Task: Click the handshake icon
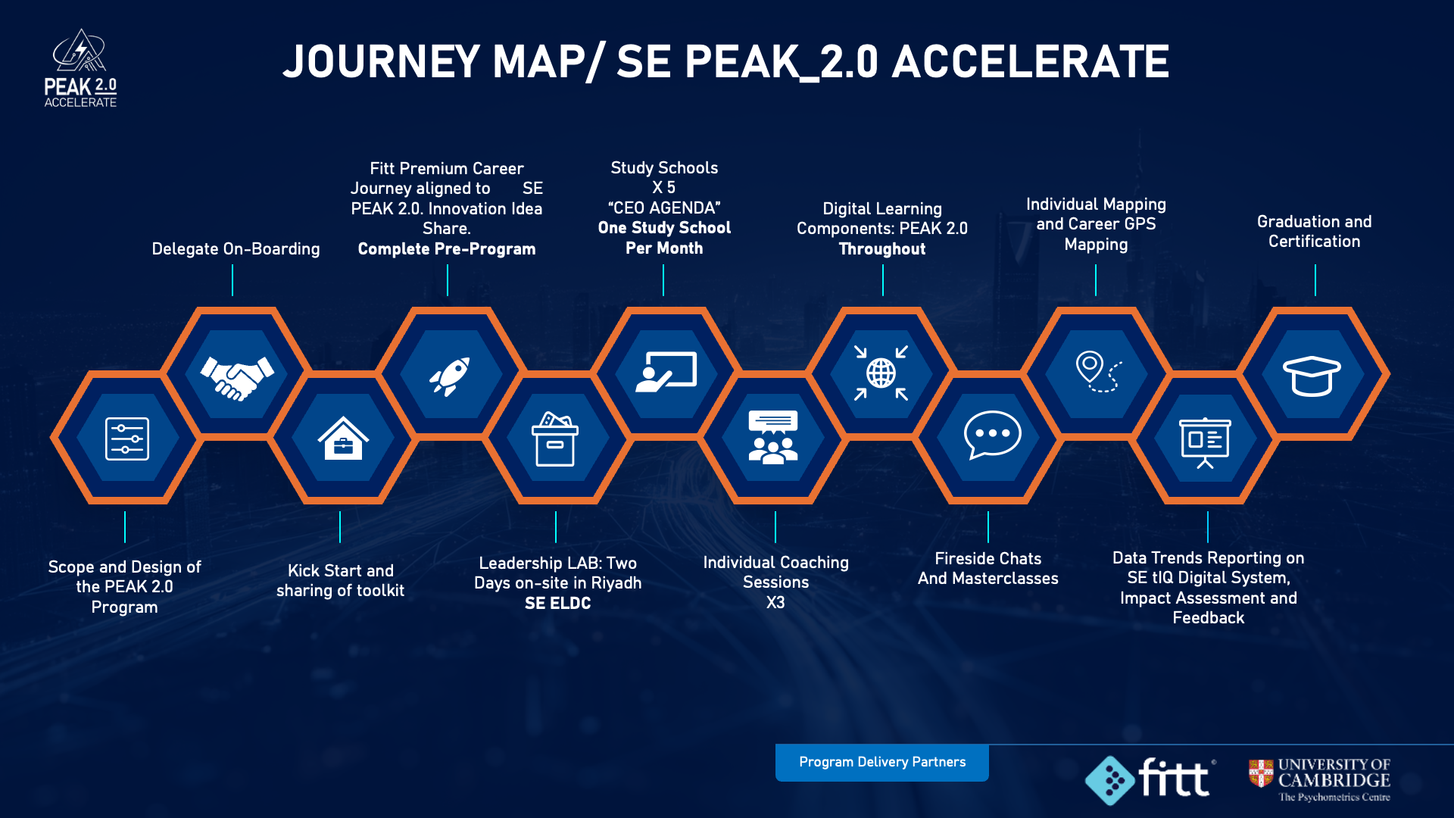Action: (x=237, y=377)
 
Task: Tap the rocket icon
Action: (x=451, y=376)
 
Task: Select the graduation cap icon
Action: (x=1312, y=376)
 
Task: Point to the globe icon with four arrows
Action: (x=881, y=373)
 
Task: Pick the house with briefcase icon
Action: (x=343, y=439)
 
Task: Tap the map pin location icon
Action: (x=1099, y=371)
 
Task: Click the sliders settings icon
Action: (x=126, y=439)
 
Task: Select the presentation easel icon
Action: (x=1206, y=443)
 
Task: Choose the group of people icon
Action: (x=772, y=437)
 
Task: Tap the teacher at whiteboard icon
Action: (x=666, y=372)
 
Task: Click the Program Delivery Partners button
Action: (x=882, y=762)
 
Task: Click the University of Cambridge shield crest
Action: (x=1261, y=773)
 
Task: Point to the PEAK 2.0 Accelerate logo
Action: (x=80, y=68)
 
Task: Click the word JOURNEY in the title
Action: (x=381, y=61)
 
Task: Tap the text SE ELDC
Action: (x=558, y=604)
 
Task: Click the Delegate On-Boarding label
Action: (x=236, y=249)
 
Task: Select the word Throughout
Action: (x=882, y=249)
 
